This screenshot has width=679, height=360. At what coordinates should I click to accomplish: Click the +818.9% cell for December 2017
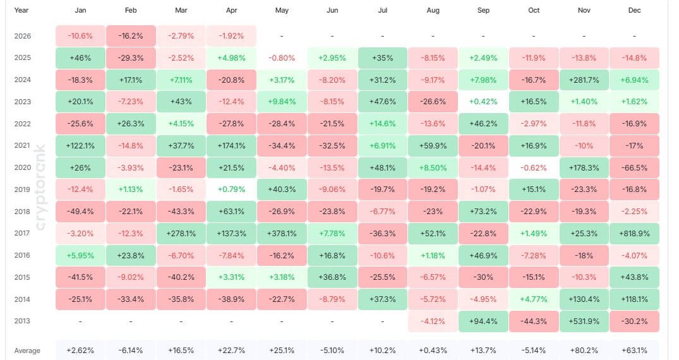click(634, 233)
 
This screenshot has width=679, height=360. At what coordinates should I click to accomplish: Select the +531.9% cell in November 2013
click(584, 321)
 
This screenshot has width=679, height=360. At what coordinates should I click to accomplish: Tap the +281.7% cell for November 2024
click(584, 80)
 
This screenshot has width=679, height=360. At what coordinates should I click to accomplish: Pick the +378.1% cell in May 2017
click(282, 233)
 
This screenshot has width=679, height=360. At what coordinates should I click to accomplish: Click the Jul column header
click(382, 11)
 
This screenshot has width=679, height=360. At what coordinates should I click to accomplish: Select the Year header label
click(21, 11)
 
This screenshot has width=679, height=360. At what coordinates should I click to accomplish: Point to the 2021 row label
click(22, 145)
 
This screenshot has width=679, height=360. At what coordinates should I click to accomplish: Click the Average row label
click(27, 351)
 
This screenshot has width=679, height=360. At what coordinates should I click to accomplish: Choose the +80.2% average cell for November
click(584, 351)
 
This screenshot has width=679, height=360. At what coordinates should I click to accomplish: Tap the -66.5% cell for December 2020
click(634, 167)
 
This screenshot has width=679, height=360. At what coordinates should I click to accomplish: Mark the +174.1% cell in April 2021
click(231, 145)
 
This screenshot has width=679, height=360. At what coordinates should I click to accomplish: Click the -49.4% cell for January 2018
click(80, 211)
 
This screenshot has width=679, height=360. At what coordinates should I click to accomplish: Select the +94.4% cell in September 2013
click(483, 321)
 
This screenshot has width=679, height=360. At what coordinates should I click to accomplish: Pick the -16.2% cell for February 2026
click(131, 36)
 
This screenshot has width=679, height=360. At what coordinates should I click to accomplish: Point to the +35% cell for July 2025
click(382, 57)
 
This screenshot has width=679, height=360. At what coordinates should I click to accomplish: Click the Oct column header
click(534, 11)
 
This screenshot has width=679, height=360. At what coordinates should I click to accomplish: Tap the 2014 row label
click(22, 299)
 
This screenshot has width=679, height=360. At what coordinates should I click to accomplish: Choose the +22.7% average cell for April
click(231, 351)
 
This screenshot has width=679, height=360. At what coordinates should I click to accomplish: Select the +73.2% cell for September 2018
click(483, 211)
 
